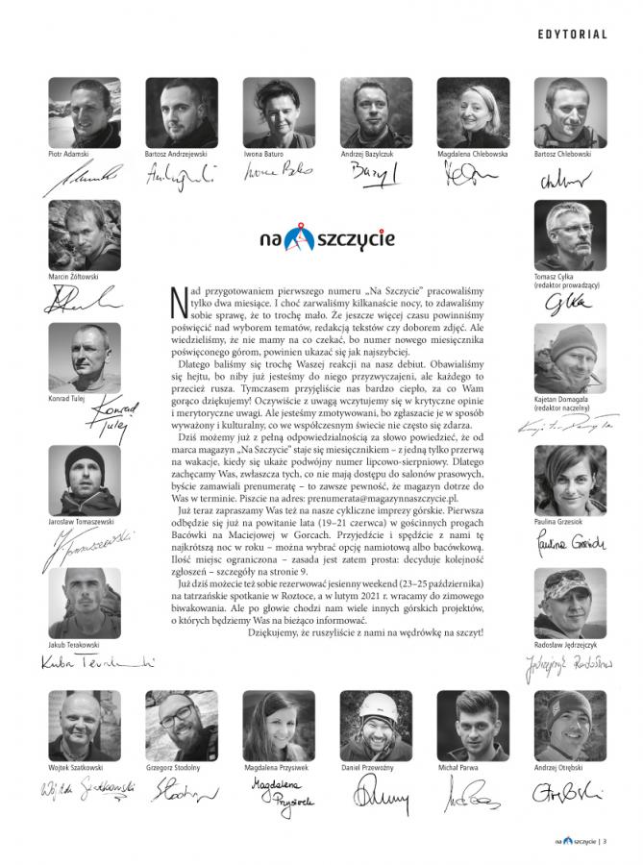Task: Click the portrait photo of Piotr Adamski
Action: point(85,112)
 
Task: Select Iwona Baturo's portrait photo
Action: point(279,112)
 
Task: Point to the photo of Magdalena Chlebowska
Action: point(473,112)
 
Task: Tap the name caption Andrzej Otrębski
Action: point(559,770)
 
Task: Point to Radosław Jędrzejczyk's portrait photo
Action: point(570,603)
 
